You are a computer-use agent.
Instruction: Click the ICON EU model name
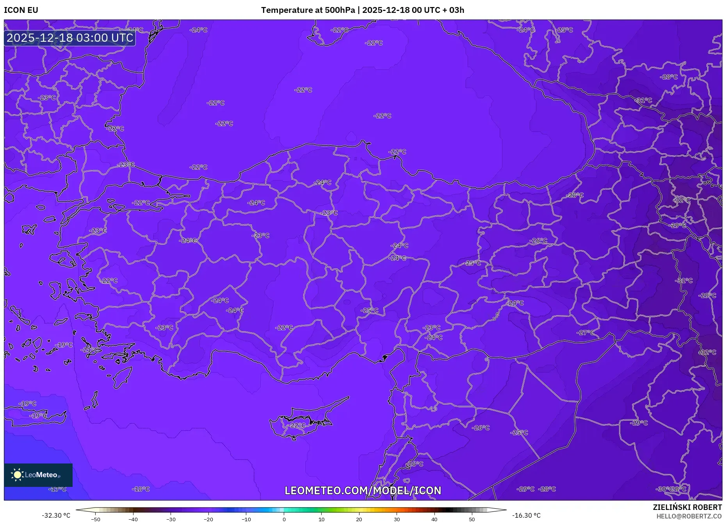click(x=21, y=10)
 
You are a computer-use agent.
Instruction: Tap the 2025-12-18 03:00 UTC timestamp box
click(x=70, y=38)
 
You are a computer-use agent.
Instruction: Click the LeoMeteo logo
click(x=38, y=475)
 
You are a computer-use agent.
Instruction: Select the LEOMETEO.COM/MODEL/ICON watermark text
click(x=363, y=490)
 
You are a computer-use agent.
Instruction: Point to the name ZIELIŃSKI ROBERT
click(x=687, y=507)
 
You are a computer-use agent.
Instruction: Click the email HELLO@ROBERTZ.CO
click(x=689, y=516)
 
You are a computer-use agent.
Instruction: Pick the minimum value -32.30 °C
click(x=56, y=515)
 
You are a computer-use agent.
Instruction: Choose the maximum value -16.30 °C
click(x=526, y=515)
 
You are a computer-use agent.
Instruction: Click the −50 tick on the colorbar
click(x=96, y=519)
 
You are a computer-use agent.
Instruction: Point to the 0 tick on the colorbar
click(x=284, y=519)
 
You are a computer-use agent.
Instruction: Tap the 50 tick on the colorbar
click(x=472, y=519)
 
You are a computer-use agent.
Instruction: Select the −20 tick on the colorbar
click(x=208, y=519)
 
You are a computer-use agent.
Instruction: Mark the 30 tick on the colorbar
click(x=397, y=519)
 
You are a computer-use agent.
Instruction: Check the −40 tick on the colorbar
click(x=133, y=519)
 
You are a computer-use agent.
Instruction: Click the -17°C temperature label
click(x=58, y=489)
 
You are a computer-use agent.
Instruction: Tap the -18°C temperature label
click(x=141, y=489)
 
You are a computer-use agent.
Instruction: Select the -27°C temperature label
click(x=586, y=332)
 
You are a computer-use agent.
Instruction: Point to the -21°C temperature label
click(x=90, y=350)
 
